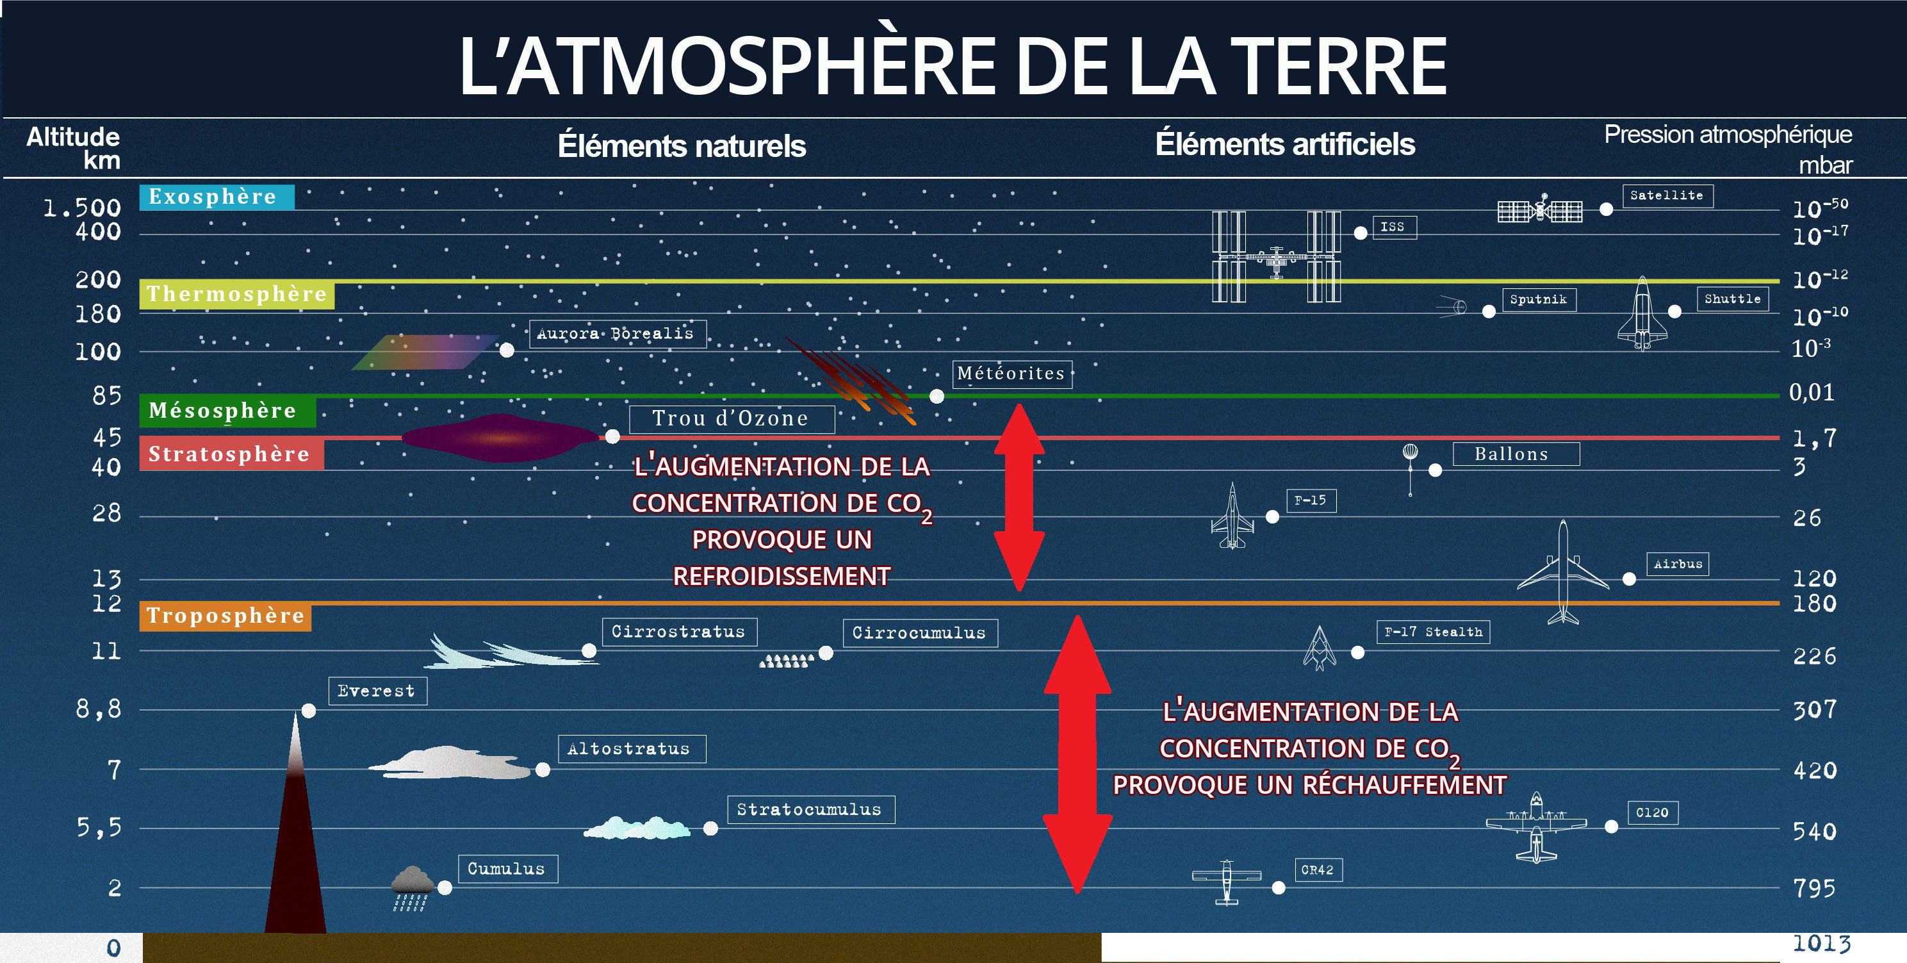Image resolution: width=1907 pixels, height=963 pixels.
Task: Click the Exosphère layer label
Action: coord(216,197)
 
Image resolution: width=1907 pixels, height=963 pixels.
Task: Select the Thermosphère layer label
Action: coord(237,295)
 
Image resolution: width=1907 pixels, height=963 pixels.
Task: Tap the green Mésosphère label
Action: coord(227,411)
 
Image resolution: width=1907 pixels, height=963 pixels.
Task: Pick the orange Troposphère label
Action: coord(225,616)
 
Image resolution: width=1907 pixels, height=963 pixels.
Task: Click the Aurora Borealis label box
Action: coord(618,334)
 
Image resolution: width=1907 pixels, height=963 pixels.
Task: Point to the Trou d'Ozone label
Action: coord(732,419)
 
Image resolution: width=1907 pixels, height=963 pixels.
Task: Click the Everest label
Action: coord(377,691)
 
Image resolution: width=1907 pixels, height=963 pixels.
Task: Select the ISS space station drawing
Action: coord(1275,257)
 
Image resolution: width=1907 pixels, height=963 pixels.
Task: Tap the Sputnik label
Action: coord(1538,300)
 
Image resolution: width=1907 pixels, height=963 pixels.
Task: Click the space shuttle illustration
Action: coord(1642,313)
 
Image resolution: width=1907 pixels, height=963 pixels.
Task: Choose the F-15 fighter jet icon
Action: coord(1232,516)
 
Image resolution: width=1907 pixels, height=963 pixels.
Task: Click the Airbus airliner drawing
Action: coord(1563,572)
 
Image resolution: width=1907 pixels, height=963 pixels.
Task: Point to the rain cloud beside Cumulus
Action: coord(413,887)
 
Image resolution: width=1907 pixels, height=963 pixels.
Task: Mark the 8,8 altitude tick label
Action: coord(99,709)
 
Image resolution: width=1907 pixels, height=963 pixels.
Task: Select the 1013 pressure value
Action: coord(1821,943)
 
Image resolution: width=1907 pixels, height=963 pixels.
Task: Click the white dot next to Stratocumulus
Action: coord(710,828)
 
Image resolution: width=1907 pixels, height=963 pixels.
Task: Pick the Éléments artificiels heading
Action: coord(1285,144)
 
